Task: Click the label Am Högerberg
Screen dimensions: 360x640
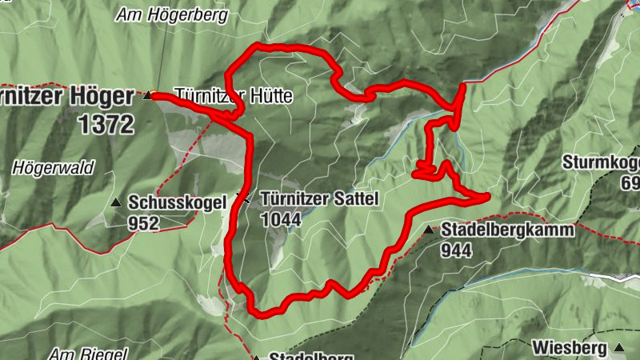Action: click(172, 14)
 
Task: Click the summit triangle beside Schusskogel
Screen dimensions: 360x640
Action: click(117, 202)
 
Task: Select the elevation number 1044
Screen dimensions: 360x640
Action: click(281, 218)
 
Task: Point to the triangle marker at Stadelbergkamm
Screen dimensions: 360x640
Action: click(429, 230)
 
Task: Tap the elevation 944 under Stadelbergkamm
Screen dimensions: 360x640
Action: click(457, 250)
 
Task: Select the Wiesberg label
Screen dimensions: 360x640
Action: click(572, 348)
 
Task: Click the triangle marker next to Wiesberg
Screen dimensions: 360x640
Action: click(620, 348)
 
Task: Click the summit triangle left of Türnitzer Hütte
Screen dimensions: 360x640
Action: click(147, 96)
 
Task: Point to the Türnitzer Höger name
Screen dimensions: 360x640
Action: click(67, 97)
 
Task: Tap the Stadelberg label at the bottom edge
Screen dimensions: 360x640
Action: click(301, 357)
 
